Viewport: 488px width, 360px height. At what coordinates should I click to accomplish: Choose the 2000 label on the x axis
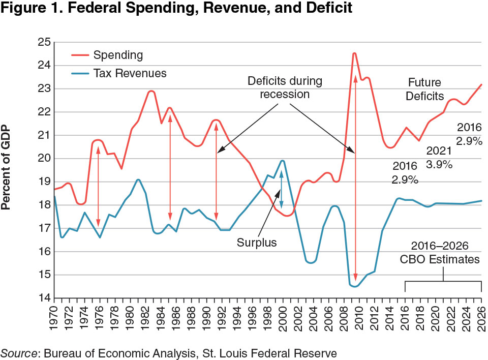(283, 320)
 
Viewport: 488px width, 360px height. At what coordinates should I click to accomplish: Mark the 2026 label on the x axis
(481, 320)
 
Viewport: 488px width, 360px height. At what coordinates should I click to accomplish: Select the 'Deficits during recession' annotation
(285, 87)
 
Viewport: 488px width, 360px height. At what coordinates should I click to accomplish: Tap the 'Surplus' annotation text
(257, 243)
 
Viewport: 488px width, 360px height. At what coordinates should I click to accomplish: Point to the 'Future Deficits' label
(424, 89)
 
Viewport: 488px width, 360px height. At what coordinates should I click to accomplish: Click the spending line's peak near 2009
(354, 53)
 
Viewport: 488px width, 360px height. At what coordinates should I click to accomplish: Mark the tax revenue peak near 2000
(282, 161)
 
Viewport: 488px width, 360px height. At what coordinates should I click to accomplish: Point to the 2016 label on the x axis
(405, 320)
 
